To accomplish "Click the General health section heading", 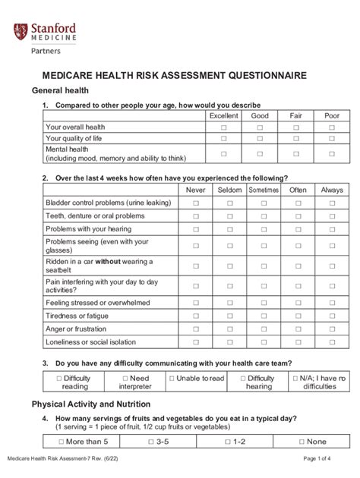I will [61, 90].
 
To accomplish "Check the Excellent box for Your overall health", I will [224, 127].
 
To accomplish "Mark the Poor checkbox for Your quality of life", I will [332, 139].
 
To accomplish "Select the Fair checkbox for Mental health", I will [296, 154].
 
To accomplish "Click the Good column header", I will [261, 116].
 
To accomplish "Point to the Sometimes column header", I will [264, 190].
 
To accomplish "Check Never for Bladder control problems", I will [196, 203].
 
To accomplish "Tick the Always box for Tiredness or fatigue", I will [332, 316].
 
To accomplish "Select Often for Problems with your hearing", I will [298, 228].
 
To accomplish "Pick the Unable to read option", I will [197, 378].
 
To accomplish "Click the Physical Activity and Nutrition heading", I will [90, 404].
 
